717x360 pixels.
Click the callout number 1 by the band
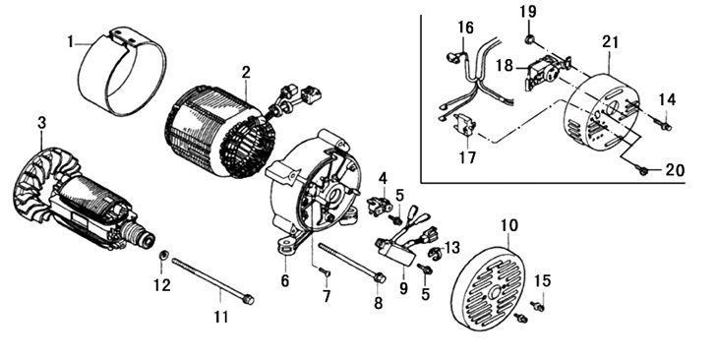[70, 42]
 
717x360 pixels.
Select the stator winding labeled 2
[220, 132]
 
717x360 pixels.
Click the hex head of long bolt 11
[248, 300]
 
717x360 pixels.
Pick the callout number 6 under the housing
[285, 281]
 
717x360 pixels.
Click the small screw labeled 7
[326, 273]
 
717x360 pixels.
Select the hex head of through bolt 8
[380, 277]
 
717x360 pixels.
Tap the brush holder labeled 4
[380, 208]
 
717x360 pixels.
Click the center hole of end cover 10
[494, 294]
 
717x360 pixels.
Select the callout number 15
[543, 281]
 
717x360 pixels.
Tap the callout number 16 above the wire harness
[466, 28]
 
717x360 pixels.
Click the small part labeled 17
[465, 125]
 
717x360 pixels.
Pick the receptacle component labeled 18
[548, 72]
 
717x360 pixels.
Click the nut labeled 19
[529, 39]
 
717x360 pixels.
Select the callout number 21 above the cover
[610, 42]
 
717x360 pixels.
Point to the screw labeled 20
[642, 170]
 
